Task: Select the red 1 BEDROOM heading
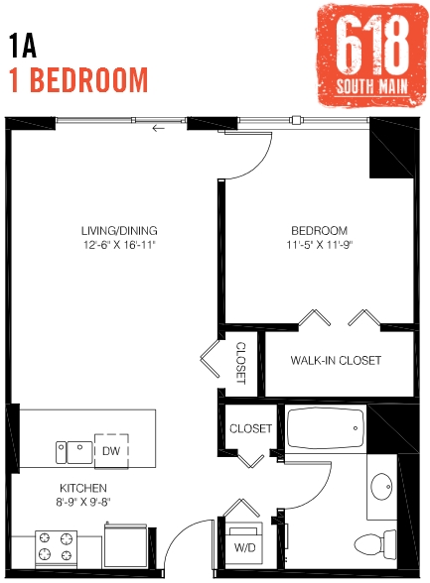tap(78, 79)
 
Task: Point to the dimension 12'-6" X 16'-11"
tap(119, 244)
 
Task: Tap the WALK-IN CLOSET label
tap(336, 361)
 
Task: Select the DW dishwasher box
tap(110, 450)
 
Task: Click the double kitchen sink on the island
tap(69, 452)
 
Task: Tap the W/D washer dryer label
tap(243, 547)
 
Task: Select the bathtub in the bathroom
tap(325, 433)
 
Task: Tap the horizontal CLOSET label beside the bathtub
tap(250, 428)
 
